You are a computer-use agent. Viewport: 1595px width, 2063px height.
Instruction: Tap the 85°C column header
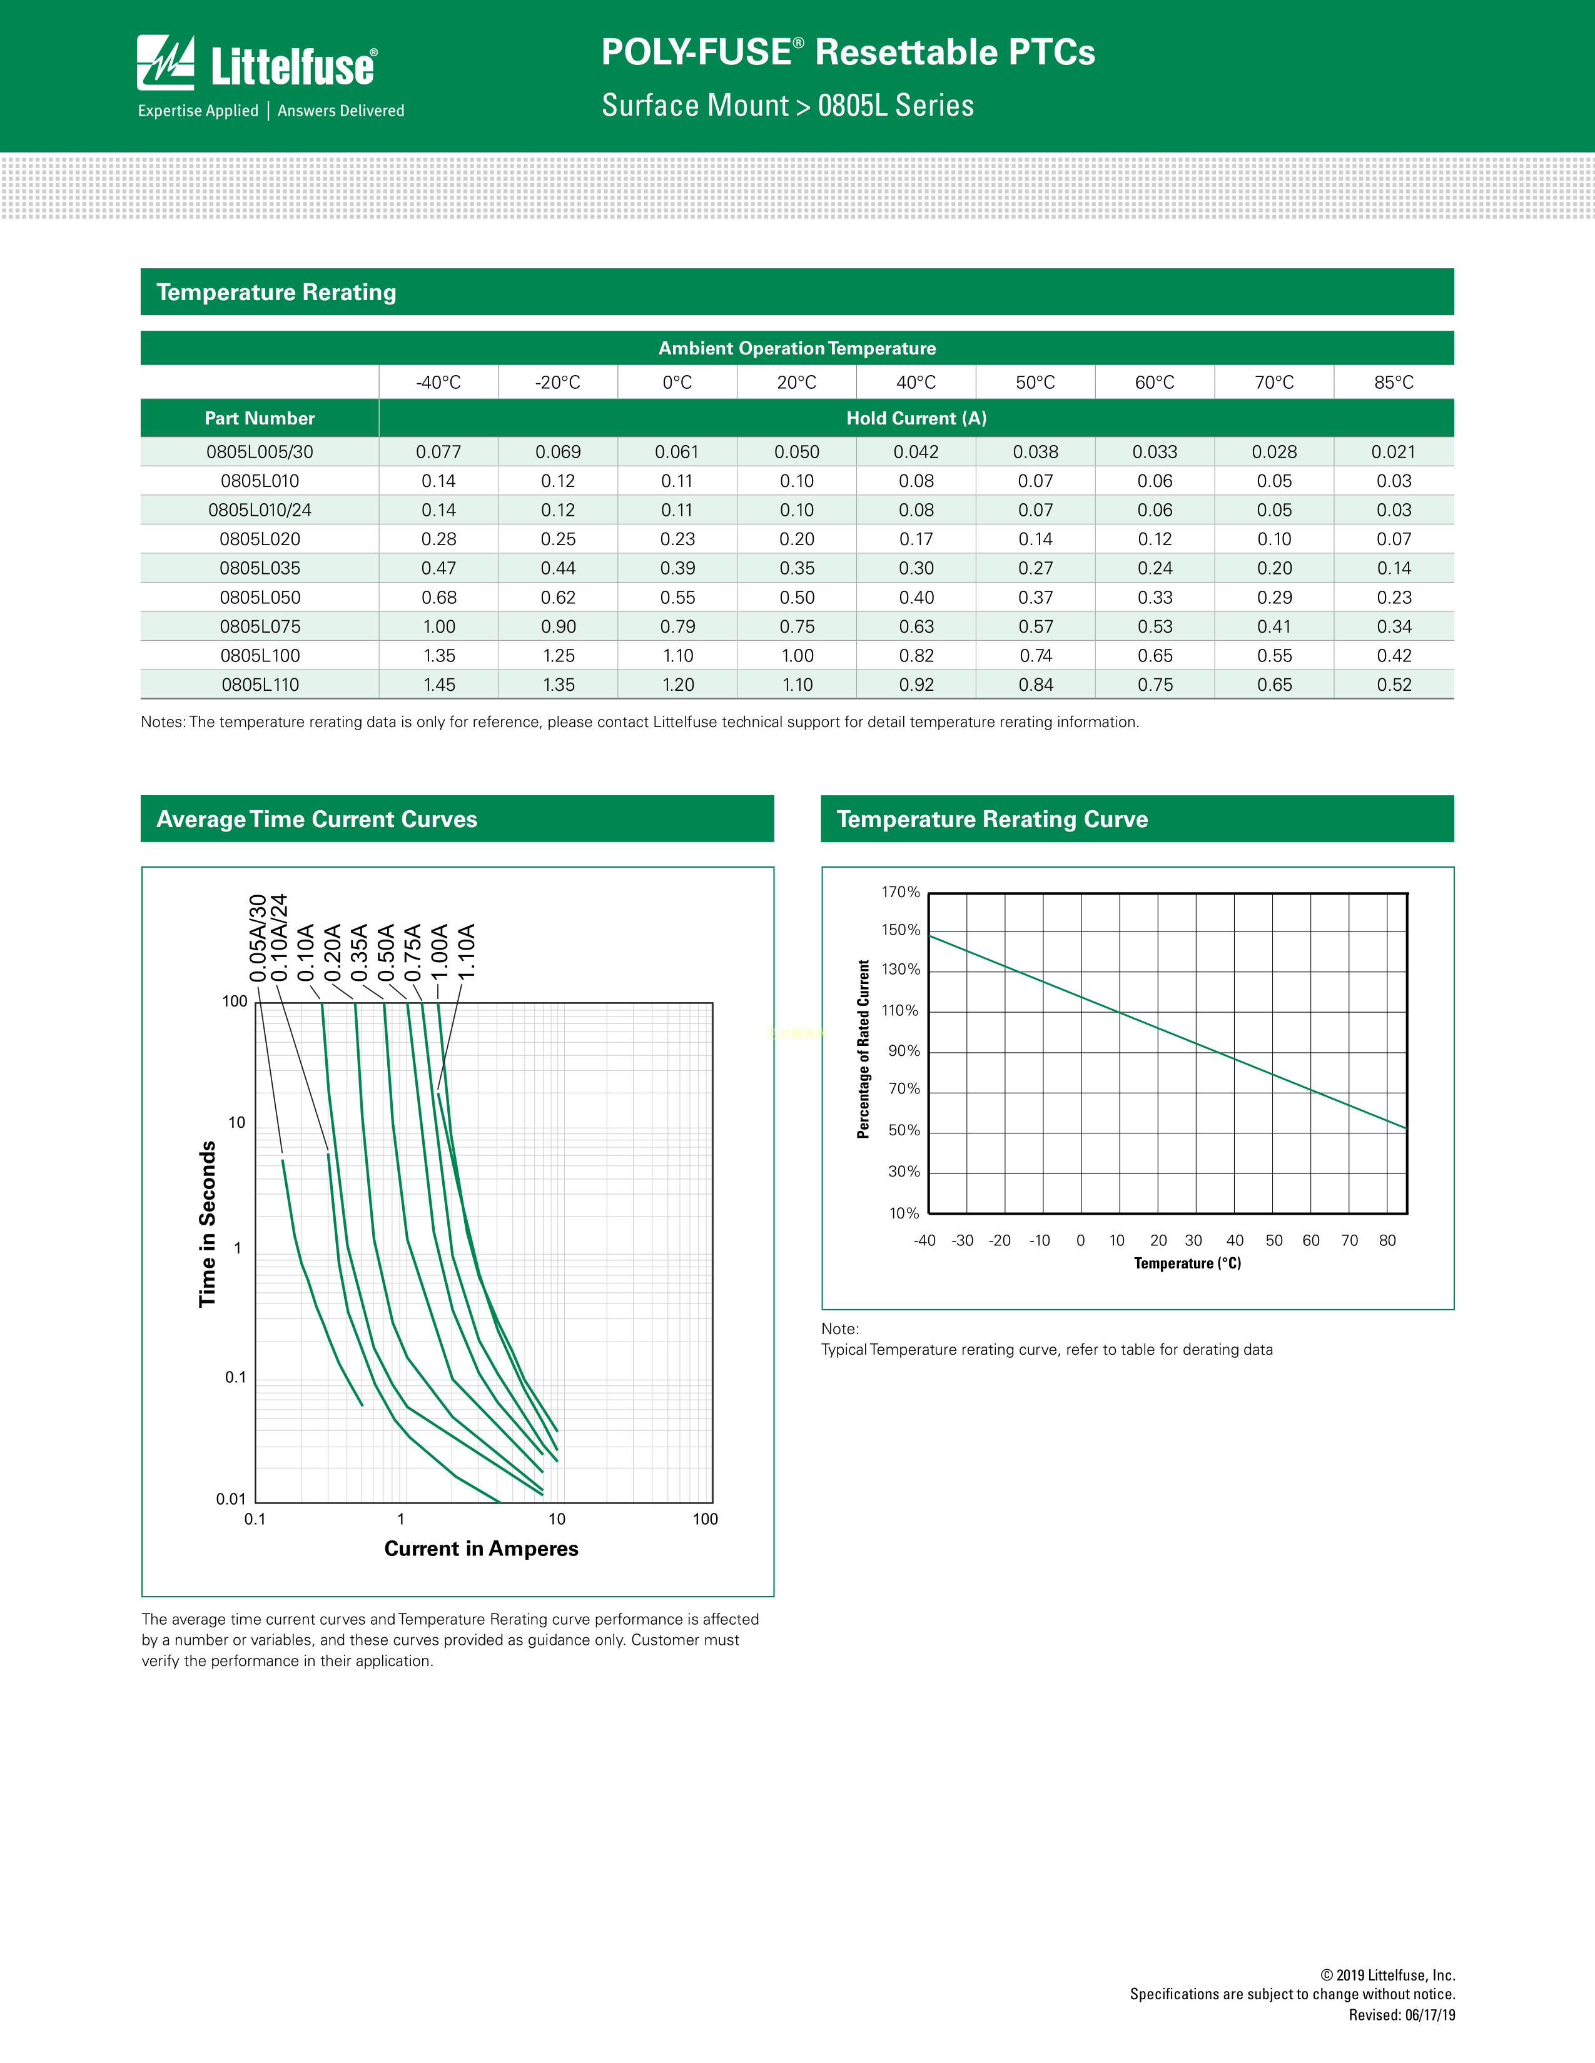[x=1394, y=383]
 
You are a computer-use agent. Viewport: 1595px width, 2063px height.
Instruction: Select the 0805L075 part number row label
[x=260, y=626]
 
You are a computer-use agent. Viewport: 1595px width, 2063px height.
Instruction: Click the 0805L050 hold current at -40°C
[x=439, y=598]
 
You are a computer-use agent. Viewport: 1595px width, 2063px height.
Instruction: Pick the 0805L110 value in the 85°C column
[x=1394, y=685]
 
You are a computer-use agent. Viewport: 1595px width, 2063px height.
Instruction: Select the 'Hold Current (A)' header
[x=916, y=418]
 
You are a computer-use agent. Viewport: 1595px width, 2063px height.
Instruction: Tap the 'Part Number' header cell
[x=260, y=418]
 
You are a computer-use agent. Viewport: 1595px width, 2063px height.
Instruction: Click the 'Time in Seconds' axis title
[x=208, y=1223]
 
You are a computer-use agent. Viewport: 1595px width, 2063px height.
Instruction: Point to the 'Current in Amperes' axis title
[x=481, y=1549]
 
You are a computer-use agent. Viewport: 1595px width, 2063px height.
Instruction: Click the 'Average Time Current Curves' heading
[x=316, y=819]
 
